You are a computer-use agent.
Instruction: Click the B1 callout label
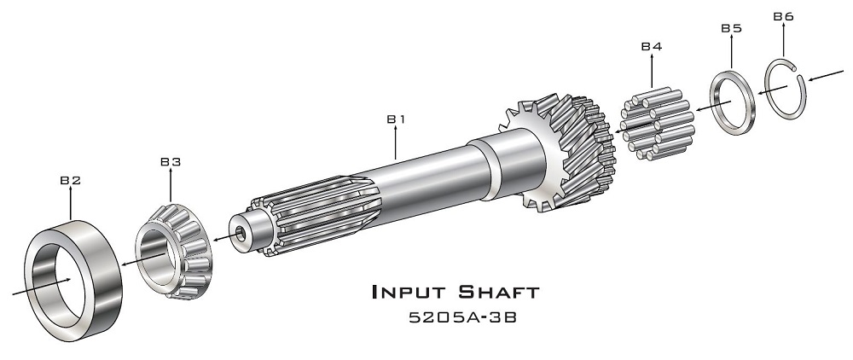point(396,119)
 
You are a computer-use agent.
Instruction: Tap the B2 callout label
point(70,180)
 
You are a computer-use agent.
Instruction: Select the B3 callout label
point(171,161)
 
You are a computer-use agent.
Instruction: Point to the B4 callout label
point(651,46)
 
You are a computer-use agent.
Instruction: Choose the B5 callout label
point(731,28)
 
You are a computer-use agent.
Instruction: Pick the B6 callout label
point(783,16)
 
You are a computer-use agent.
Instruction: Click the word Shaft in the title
point(498,292)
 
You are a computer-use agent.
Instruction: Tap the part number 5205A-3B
point(462,317)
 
